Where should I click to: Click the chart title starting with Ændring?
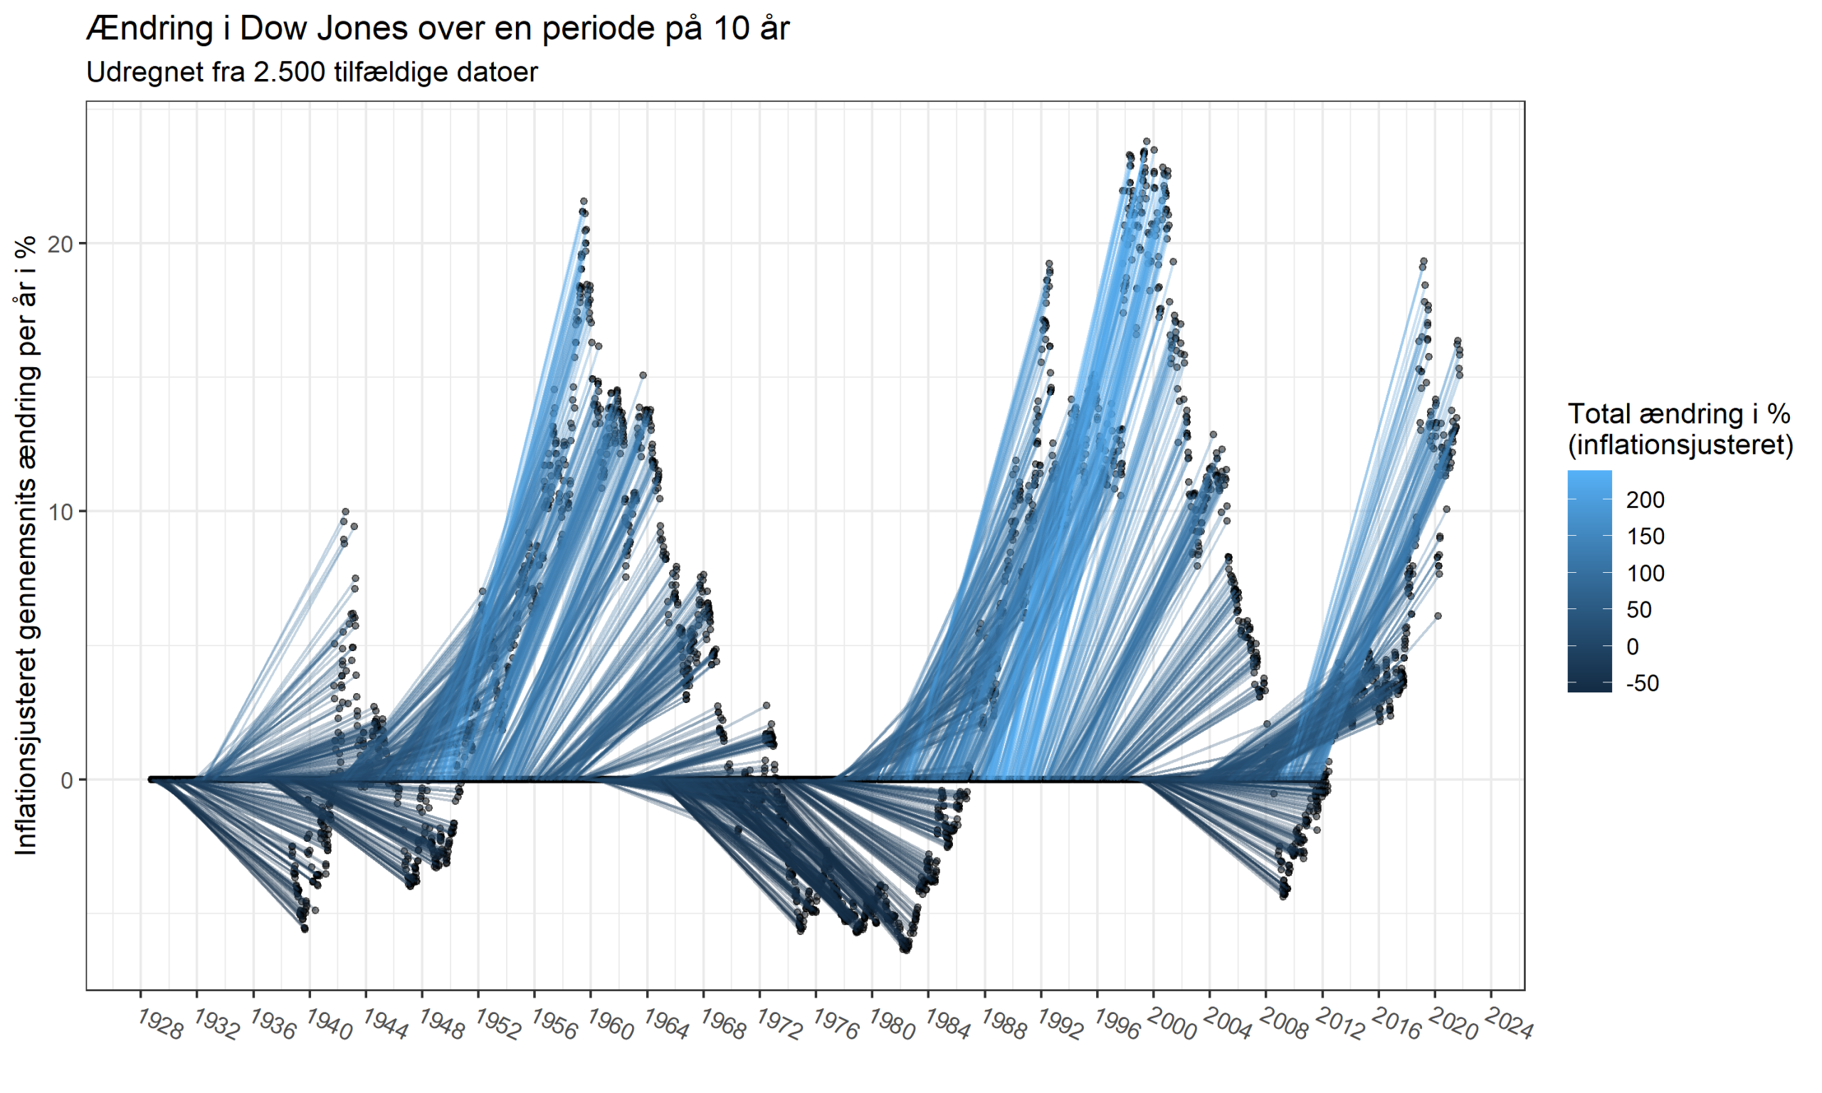(x=438, y=28)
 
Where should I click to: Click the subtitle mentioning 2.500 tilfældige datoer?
(x=312, y=72)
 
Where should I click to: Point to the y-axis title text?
(x=26, y=545)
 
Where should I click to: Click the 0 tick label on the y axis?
(x=67, y=780)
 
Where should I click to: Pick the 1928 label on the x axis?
(x=160, y=1025)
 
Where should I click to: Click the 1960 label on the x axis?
(x=611, y=1025)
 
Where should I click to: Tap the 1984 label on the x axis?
(x=948, y=1025)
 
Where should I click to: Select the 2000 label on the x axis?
(x=1172, y=1025)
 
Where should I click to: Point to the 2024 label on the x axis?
(x=1510, y=1025)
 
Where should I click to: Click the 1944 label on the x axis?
(x=385, y=1025)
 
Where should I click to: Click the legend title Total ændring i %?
(x=1679, y=414)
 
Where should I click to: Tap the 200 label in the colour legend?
(x=1645, y=500)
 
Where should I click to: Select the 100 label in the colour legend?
(x=1645, y=574)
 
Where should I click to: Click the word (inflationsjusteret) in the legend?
(x=1680, y=445)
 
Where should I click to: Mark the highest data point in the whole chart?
(x=1147, y=142)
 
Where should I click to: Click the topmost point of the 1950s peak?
(x=584, y=201)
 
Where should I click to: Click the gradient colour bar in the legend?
(x=1590, y=582)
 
